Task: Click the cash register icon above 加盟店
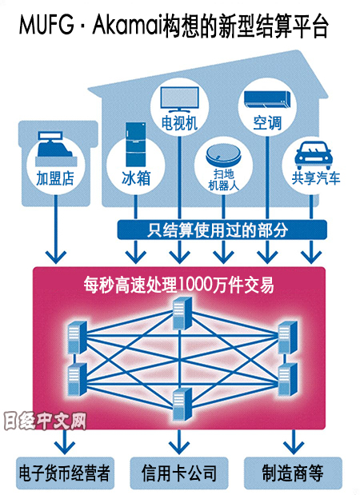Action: [x=56, y=149]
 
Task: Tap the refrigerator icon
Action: [x=136, y=144]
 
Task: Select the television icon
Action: [x=180, y=99]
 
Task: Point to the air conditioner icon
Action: [x=267, y=100]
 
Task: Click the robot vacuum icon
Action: [x=223, y=155]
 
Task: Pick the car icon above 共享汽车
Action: [x=314, y=156]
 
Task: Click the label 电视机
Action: [x=179, y=123]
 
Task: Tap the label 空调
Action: [x=267, y=123]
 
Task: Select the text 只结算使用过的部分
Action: [x=218, y=230]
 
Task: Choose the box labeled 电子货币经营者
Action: [x=65, y=473]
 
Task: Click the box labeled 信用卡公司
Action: [x=179, y=473]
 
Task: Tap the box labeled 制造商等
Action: [x=294, y=473]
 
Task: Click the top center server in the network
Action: [x=182, y=313]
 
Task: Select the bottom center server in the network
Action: [x=182, y=405]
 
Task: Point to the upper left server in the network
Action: [x=78, y=337]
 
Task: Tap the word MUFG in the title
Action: [x=46, y=25]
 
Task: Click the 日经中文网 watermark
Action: [x=45, y=421]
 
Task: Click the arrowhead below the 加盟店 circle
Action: [x=56, y=257]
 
